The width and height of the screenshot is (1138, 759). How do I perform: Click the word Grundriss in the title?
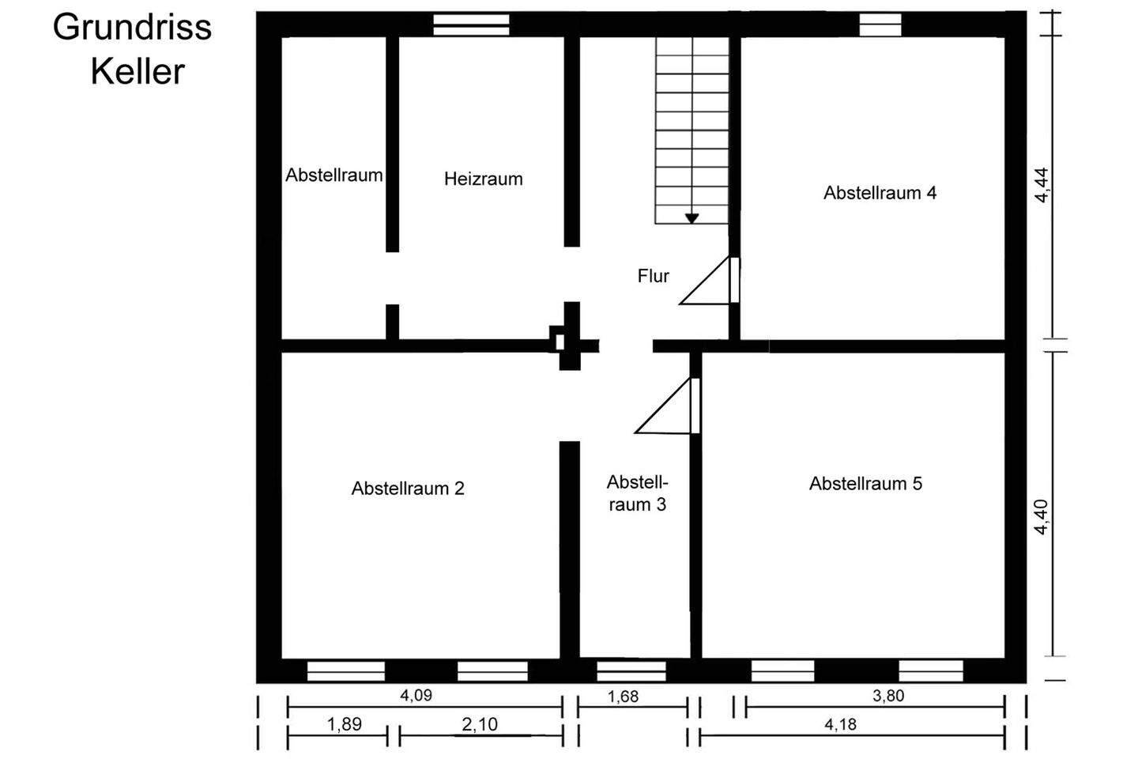(132, 28)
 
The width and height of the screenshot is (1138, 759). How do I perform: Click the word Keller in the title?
(138, 72)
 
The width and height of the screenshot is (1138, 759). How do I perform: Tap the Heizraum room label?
(483, 179)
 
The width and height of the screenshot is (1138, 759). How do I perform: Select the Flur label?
(653, 276)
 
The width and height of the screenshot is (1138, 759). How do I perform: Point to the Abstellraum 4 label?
(880, 193)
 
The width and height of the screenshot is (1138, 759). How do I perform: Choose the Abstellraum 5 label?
(865, 483)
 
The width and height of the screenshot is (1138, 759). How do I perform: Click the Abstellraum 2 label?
(408, 489)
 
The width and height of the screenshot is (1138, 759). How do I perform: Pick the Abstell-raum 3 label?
(637, 493)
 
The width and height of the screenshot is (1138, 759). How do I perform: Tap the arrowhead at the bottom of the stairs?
(691, 218)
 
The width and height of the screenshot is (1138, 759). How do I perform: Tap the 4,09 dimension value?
(416, 696)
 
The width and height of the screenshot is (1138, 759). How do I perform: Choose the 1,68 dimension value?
(623, 697)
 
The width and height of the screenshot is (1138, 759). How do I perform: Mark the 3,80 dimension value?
(887, 696)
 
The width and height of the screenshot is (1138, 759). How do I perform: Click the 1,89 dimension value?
(344, 724)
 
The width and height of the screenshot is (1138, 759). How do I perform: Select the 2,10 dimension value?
(480, 724)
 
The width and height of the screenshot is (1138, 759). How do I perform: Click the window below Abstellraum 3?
(631, 670)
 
